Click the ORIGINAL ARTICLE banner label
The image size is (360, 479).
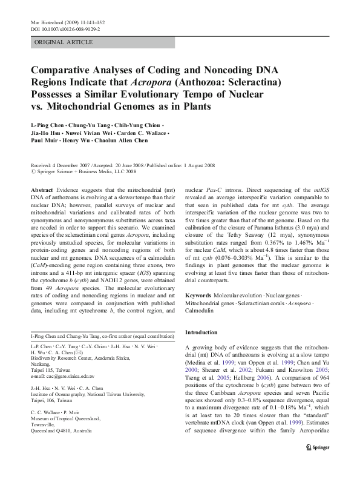click(x=64, y=42)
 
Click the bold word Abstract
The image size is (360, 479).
click(x=43, y=190)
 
